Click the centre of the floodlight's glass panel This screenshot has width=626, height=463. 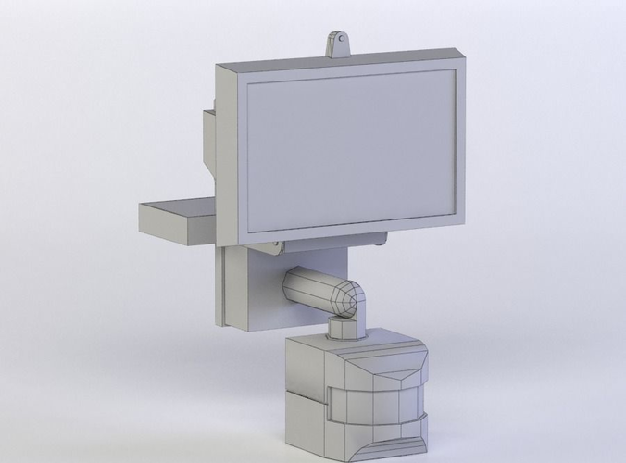352,152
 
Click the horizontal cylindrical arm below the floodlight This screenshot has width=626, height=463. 310,288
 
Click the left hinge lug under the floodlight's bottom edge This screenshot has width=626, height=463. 276,246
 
